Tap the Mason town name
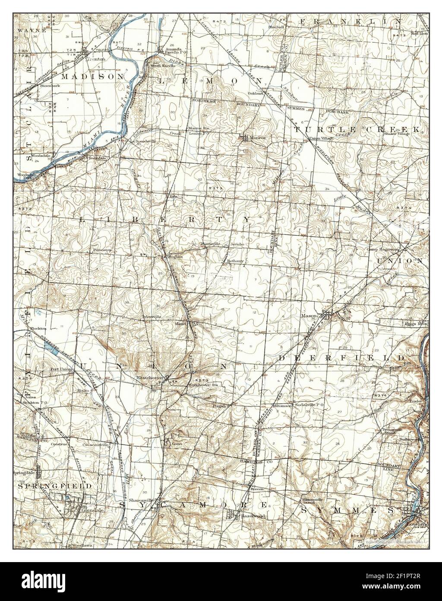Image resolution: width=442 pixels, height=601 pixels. pyautogui.click(x=310, y=316)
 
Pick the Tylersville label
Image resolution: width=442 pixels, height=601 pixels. pyautogui.click(x=151, y=316)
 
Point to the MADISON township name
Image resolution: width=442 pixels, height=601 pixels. pyautogui.click(x=92, y=76)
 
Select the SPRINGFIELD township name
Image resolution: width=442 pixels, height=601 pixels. pyautogui.click(x=54, y=486)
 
